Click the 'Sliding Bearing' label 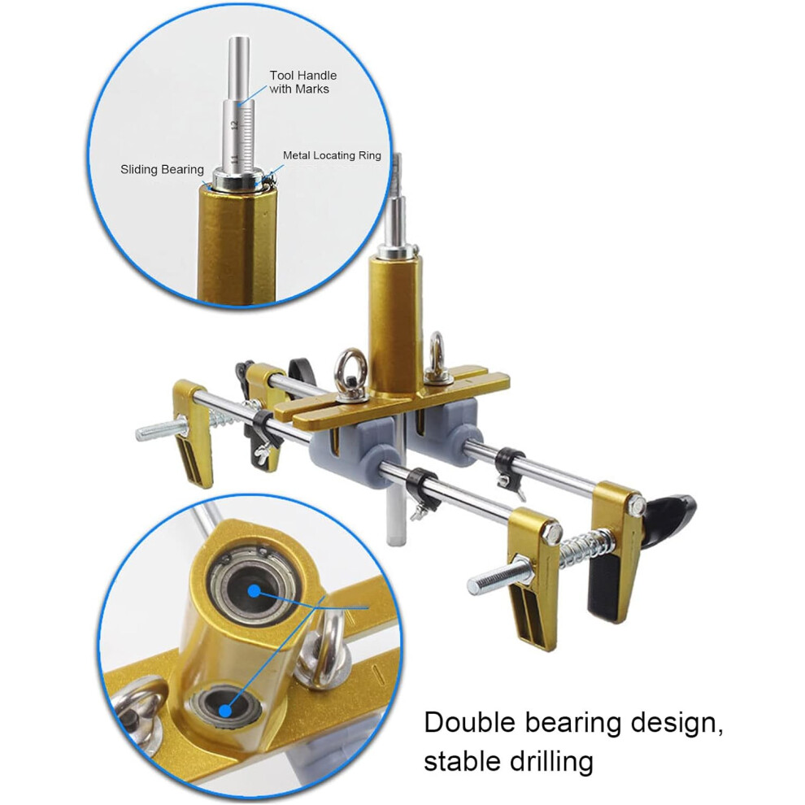[162, 169]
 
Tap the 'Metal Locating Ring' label [333, 155]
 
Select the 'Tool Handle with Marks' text [303, 82]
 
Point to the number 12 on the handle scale [234, 125]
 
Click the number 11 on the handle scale [234, 159]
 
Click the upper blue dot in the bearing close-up [255, 591]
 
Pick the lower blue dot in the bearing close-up [225, 711]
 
